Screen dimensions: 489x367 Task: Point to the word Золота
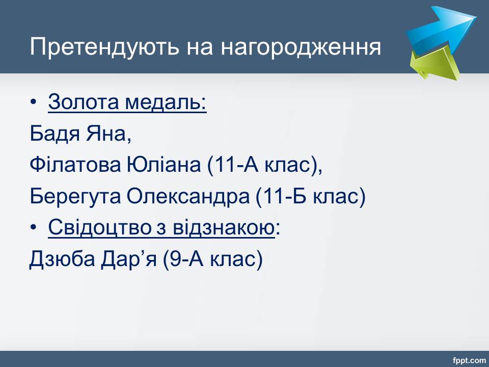click(84, 102)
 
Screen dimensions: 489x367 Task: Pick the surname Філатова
click(75, 165)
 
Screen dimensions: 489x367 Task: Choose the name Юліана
click(164, 165)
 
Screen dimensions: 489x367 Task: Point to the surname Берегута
click(75, 196)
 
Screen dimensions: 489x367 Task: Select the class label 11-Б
click(284, 196)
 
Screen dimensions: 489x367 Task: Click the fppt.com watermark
click(469, 361)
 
